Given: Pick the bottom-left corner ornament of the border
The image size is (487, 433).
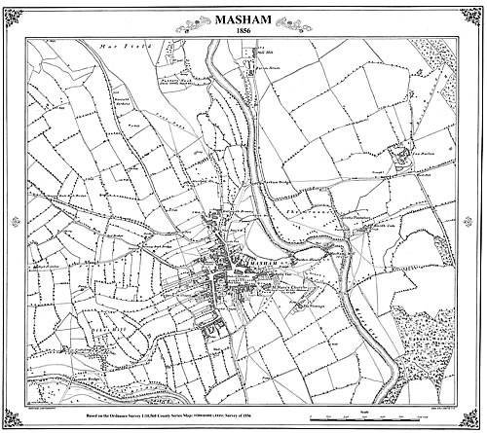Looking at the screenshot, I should click(12, 420).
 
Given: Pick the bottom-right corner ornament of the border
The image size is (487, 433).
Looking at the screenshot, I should click(475, 420).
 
